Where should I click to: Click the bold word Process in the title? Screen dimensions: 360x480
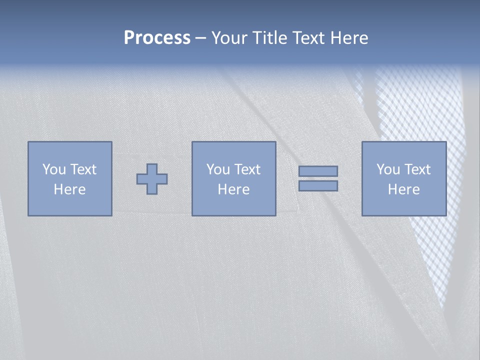pyautogui.click(x=157, y=38)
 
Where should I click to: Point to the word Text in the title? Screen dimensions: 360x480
pyautogui.click(x=309, y=38)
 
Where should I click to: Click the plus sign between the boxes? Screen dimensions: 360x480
pyautogui.click(x=152, y=178)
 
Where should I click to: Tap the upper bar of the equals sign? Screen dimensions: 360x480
pyautogui.click(x=318, y=171)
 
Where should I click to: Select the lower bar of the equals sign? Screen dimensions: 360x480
pyautogui.click(x=318, y=186)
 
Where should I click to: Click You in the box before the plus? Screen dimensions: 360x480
pyautogui.click(x=54, y=169)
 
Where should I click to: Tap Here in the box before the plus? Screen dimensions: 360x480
pyautogui.click(x=69, y=189)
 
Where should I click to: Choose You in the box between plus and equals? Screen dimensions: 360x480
pyautogui.click(x=218, y=169)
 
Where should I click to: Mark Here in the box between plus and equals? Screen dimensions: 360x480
pyautogui.click(x=233, y=189)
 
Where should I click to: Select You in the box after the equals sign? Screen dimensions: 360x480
pyautogui.click(x=388, y=169)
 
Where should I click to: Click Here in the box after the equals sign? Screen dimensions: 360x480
pyautogui.click(x=403, y=189)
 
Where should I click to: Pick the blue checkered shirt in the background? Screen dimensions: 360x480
pyautogui.click(x=425, y=115)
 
